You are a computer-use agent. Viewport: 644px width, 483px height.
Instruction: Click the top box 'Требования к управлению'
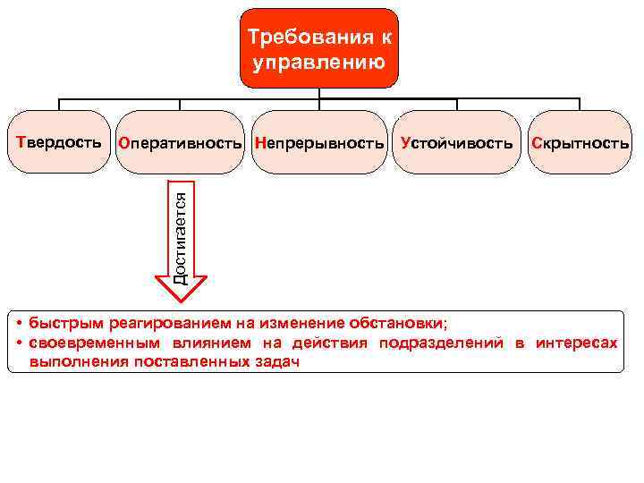[319, 48]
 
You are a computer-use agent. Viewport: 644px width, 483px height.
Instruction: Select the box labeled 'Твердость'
[58, 142]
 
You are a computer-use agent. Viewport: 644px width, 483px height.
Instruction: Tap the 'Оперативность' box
[181, 142]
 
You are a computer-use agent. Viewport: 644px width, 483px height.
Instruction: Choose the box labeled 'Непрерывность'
[319, 142]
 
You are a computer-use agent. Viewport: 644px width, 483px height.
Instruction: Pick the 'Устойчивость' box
[457, 142]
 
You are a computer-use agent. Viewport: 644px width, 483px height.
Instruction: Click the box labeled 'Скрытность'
[580, 142]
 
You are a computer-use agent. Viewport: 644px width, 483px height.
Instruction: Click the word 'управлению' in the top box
[319, 63]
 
